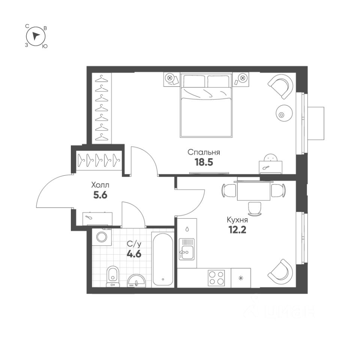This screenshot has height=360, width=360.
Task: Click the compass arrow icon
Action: (36, 36)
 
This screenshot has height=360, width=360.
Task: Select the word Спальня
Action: (204, 152)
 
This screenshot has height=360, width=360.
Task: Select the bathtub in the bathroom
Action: (163, 259)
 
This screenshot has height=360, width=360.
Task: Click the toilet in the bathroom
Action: (112, 276)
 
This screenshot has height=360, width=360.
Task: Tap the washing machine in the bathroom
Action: (102, 237)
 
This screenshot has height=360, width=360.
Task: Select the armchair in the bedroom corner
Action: (280, 86)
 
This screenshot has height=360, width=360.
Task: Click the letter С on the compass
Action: (27, 26)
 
